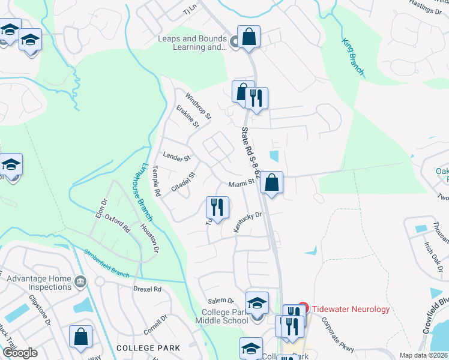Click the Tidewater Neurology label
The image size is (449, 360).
point(351,309)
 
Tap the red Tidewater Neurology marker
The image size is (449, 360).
point(303,308)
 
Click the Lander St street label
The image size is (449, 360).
point(176,158)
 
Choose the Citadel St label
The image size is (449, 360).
point(184,183)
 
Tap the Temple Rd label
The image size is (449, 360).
point(157,182)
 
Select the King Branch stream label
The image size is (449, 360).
point(353,58)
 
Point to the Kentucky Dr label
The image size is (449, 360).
point(248,223)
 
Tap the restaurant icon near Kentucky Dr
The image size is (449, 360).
point(217,207)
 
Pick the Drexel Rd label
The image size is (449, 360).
point(149,289)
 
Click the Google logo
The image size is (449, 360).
point(20,353)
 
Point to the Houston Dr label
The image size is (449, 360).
point(150,238)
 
